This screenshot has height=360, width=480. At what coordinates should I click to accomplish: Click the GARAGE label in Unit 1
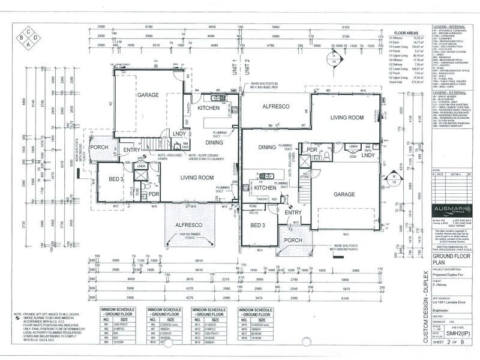pyautogui.click(x=147, y=95)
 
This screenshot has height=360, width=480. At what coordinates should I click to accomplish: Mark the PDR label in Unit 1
pyautogui.click(x=154, y=194)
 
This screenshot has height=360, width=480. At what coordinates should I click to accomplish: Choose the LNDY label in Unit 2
pyautogui.click(x=368, y=155)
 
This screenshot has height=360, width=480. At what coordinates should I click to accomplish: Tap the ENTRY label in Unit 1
pyautogui.click(x=131, y=150)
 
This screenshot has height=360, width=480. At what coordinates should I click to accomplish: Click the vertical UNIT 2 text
pyautogui.click(x=247, y=69)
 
